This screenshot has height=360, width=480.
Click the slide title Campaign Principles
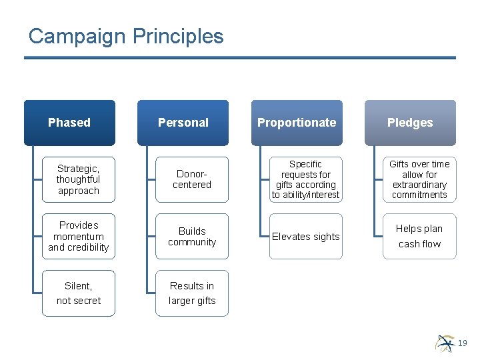pos(126,36)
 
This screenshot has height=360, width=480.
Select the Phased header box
pos(69,123)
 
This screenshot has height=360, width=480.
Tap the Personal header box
pos(183,123)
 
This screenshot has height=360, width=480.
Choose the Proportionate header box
pos(297,123)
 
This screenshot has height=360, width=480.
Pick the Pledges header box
pos(410,123)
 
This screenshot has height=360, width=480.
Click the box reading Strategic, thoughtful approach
pos(78,179)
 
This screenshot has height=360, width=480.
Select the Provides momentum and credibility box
pos(78,236)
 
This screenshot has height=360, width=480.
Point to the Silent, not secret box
pos(78,293)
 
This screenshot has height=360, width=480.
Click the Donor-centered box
pos(192,179)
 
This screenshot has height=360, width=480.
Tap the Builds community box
pos(192,236)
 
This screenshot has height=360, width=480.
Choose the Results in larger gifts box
pos(192,293)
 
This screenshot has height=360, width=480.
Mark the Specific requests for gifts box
pos(305,179)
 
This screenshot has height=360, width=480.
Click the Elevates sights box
pos(305,236)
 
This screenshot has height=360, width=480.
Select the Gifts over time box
pos(419,179)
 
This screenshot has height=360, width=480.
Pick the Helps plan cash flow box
pos(419,236)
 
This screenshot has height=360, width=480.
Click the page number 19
pos(463,343)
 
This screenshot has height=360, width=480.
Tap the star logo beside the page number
pos(445,342)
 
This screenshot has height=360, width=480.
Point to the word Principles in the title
pos(178,36)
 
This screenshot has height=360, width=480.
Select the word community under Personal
pos(192,242)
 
